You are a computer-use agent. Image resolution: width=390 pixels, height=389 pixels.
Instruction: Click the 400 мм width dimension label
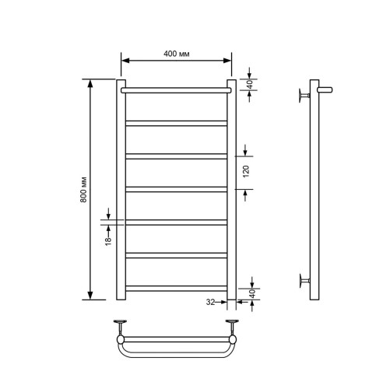[x=177, y=53]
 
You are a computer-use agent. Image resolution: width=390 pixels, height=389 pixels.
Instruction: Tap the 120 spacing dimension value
[x=245, y=171]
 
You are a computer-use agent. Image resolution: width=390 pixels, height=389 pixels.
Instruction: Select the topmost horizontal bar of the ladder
[x=176, y=90]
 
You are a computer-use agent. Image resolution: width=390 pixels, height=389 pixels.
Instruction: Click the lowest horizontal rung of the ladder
[x=176, y=287]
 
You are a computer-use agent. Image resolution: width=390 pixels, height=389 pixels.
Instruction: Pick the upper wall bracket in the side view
[x=302, y=95]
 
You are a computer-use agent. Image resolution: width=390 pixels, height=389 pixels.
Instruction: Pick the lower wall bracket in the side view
[x=302, y=279]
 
